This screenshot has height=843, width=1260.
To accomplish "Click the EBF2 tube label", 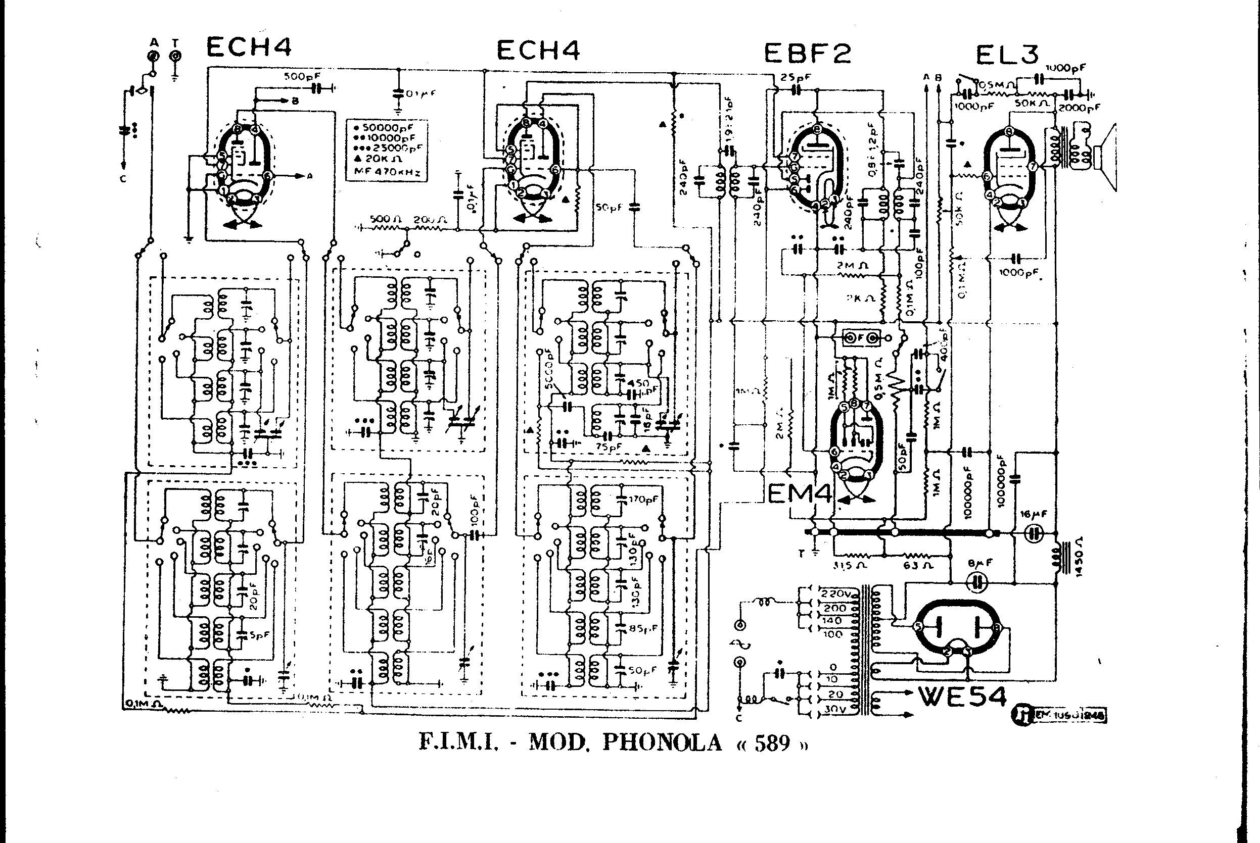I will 807,53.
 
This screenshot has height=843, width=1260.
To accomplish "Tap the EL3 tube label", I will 1007,55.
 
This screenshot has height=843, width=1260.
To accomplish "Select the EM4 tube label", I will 799,493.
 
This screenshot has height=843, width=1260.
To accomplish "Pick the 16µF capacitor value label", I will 1034,515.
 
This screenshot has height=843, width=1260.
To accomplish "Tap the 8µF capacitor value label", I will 979,564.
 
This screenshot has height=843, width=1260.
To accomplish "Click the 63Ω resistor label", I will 918,566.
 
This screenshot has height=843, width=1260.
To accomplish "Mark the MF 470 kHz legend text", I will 386,172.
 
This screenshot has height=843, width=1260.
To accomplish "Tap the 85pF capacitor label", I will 643,627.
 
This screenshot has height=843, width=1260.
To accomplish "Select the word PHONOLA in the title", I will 662,742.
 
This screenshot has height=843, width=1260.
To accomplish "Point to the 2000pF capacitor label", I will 1079,108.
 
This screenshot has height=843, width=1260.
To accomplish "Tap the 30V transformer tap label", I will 835,709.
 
